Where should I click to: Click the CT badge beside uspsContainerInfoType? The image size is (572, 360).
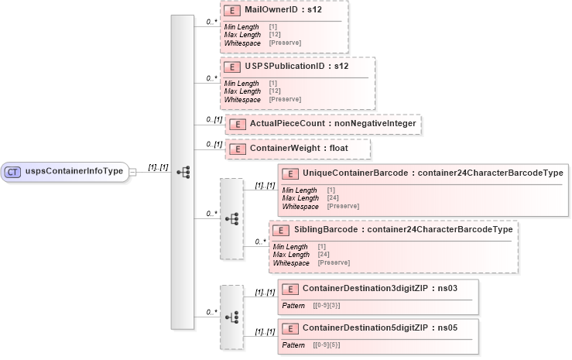12,172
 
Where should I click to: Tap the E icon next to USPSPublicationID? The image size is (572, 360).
231,67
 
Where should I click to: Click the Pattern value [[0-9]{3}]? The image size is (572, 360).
326,306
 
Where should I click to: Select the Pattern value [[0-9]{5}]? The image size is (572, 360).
326,345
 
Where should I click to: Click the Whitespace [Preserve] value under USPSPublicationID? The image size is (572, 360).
284,100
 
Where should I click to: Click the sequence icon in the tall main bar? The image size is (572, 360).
183,172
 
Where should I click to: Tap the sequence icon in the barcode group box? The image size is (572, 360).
231,219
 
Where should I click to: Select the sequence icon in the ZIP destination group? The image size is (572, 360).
231,317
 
